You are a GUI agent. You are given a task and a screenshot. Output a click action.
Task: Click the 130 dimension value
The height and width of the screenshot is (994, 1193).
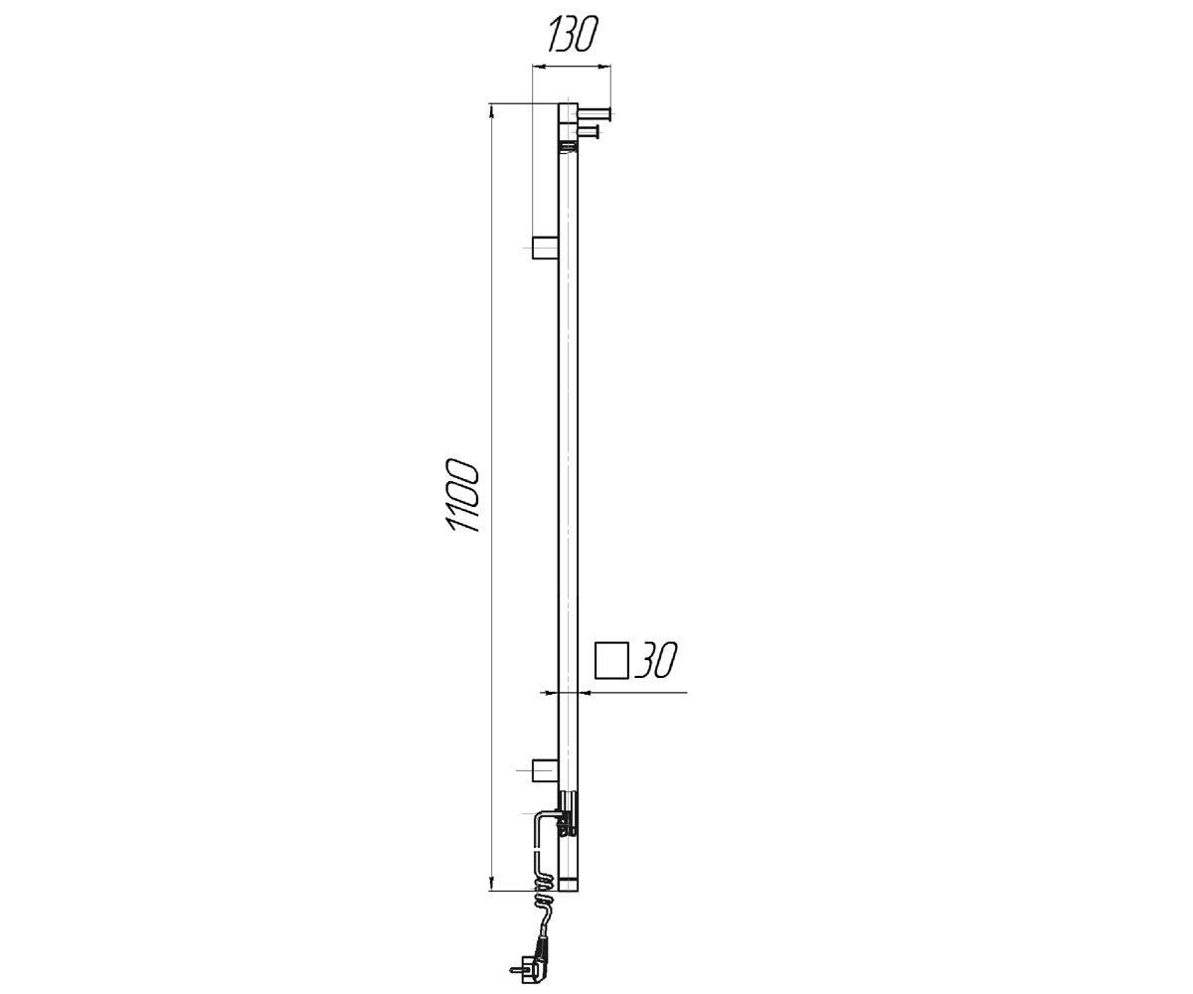[x=573, y=35]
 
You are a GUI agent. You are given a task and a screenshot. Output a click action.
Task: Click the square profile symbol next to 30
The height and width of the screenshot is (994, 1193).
[x=612, y=662]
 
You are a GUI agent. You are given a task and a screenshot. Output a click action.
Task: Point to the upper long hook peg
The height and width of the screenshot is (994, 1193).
[x=595, y=114]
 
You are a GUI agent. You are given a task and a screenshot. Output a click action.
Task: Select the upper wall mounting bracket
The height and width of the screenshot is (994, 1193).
[x=545, y=248]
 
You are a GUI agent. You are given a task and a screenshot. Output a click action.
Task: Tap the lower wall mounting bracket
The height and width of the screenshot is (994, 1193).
[x=545, y=770]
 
